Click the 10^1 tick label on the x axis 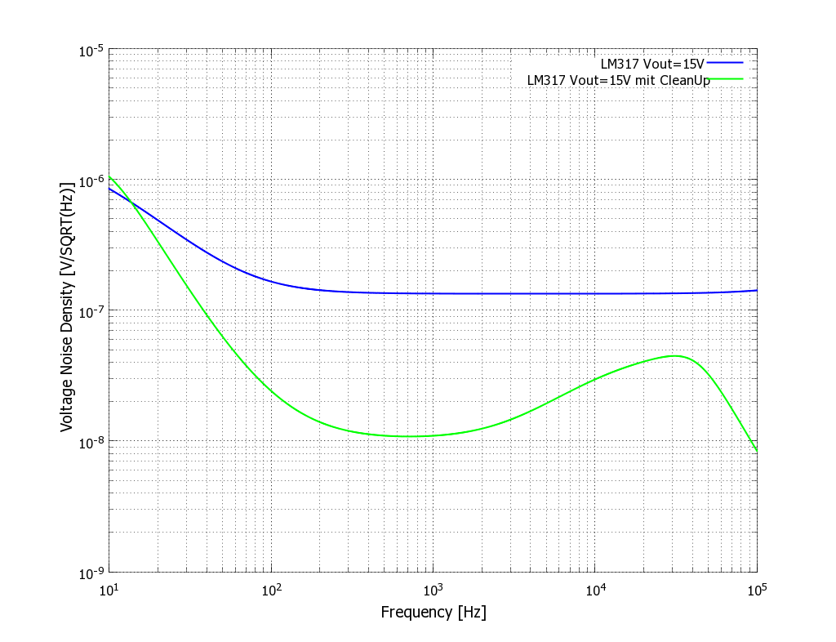(x=109, y=589)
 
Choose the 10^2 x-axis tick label (x=271, y=589)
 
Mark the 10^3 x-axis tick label (x=433, y=589)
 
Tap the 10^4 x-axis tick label (x=595, y=589)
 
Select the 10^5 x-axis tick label (x=757, y=589)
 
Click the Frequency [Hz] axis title (x=433, y=613)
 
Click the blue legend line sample (x=725, y=62)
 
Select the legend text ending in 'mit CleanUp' (x=619, y=80)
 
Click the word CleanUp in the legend (x=679, y=80)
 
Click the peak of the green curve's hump (x=676, y=355)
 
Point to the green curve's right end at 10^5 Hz (x=757, y=451)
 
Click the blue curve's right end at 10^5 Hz (x=757, y=290)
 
